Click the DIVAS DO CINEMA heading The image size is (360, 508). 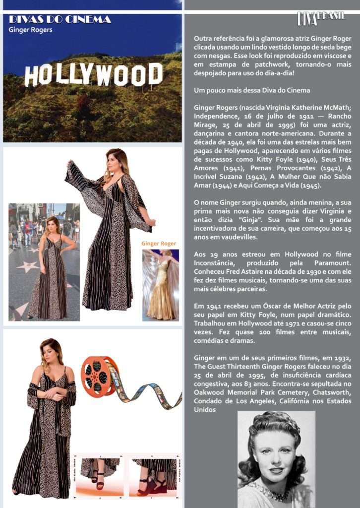pos(60,19)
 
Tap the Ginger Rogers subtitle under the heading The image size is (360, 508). pos(30,30)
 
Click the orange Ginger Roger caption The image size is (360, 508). pos(159,244)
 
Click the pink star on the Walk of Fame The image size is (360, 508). pos(28,267)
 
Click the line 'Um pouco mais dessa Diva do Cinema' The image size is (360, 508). pos(251,90)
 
